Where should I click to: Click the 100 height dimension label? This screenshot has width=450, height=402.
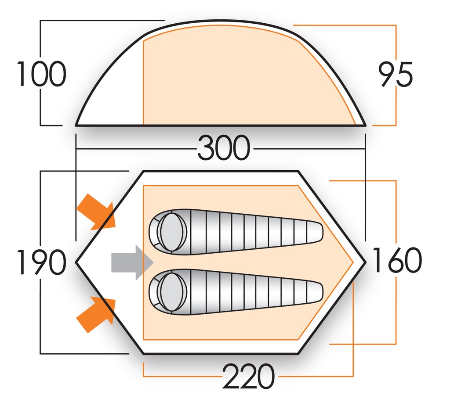[x=41, y=74]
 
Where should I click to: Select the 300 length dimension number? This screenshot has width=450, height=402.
[x=224, y=148]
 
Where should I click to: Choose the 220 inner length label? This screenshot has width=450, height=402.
[x=249, y=377]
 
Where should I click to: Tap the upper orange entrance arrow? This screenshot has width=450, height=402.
[x=97, y=212]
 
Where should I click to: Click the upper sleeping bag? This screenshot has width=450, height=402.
[x=237, y=230]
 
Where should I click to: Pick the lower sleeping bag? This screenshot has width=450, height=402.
[x=237, y=291]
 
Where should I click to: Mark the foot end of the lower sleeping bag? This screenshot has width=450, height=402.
[x=314, y=291]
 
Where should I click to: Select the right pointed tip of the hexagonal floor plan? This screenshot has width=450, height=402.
[x=365, y=262]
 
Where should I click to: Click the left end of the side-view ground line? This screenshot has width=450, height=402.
[x=76, y=126]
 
